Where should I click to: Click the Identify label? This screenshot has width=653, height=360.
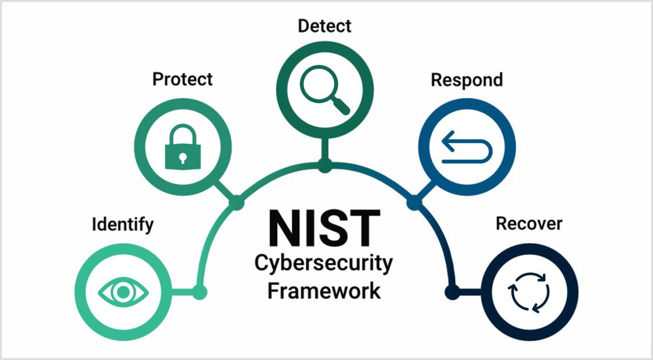[123, 224]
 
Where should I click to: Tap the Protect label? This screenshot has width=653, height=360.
[182, 79]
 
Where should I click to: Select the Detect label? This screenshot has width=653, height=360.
[324, 26]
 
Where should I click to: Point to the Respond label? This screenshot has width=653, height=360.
[466, 80]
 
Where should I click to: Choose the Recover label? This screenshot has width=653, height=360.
[529, 223]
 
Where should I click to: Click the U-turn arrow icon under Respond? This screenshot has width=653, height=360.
[466, 147]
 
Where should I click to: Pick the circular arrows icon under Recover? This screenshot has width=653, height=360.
[529, 292]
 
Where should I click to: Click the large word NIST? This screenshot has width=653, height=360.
[324, 228]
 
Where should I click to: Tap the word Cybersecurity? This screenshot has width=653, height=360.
[324, 263]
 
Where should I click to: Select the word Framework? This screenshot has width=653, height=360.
[324, 290]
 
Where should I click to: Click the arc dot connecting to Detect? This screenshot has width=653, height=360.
[325, 167]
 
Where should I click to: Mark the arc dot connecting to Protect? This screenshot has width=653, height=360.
[236, 202]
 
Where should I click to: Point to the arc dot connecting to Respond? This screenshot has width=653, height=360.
[413, 202]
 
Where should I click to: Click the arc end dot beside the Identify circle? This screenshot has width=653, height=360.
[199, 292]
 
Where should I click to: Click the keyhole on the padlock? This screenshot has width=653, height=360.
[183, 157]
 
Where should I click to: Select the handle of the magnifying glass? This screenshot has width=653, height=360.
[341, 106]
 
